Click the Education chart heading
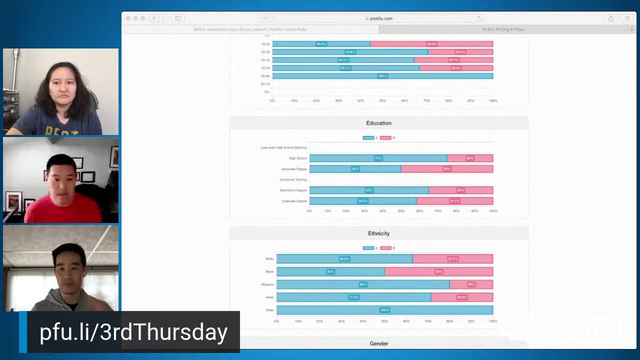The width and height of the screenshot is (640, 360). pos(378,123)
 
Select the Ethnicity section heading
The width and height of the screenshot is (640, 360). pos(378,233)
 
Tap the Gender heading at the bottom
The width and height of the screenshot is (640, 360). pos(378,343)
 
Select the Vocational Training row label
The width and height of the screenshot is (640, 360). pos(293,179)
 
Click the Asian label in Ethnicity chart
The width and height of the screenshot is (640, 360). pos(269,297)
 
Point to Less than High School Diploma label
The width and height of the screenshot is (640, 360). pos(283,147)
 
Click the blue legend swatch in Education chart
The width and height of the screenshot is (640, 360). pos(368,137)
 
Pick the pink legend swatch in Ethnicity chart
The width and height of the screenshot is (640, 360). pos(385,248)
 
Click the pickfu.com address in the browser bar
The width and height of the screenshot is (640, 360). pos(381,18)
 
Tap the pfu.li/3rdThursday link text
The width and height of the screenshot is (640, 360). pos(133,332)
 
